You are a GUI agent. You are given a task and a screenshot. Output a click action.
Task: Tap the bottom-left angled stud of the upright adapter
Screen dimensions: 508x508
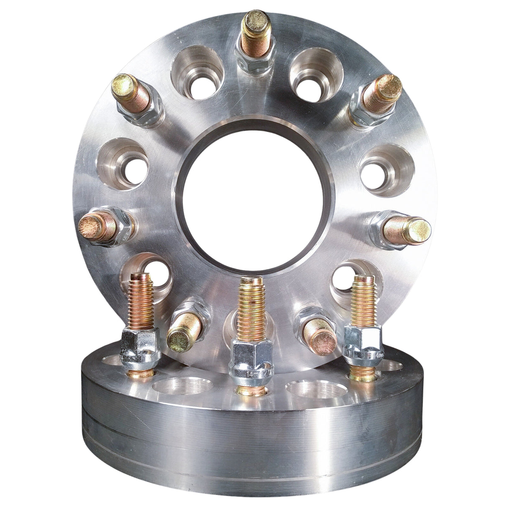[x=184, y=331]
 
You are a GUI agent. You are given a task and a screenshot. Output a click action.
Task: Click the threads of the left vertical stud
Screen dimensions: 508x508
[x=142, y=300]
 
